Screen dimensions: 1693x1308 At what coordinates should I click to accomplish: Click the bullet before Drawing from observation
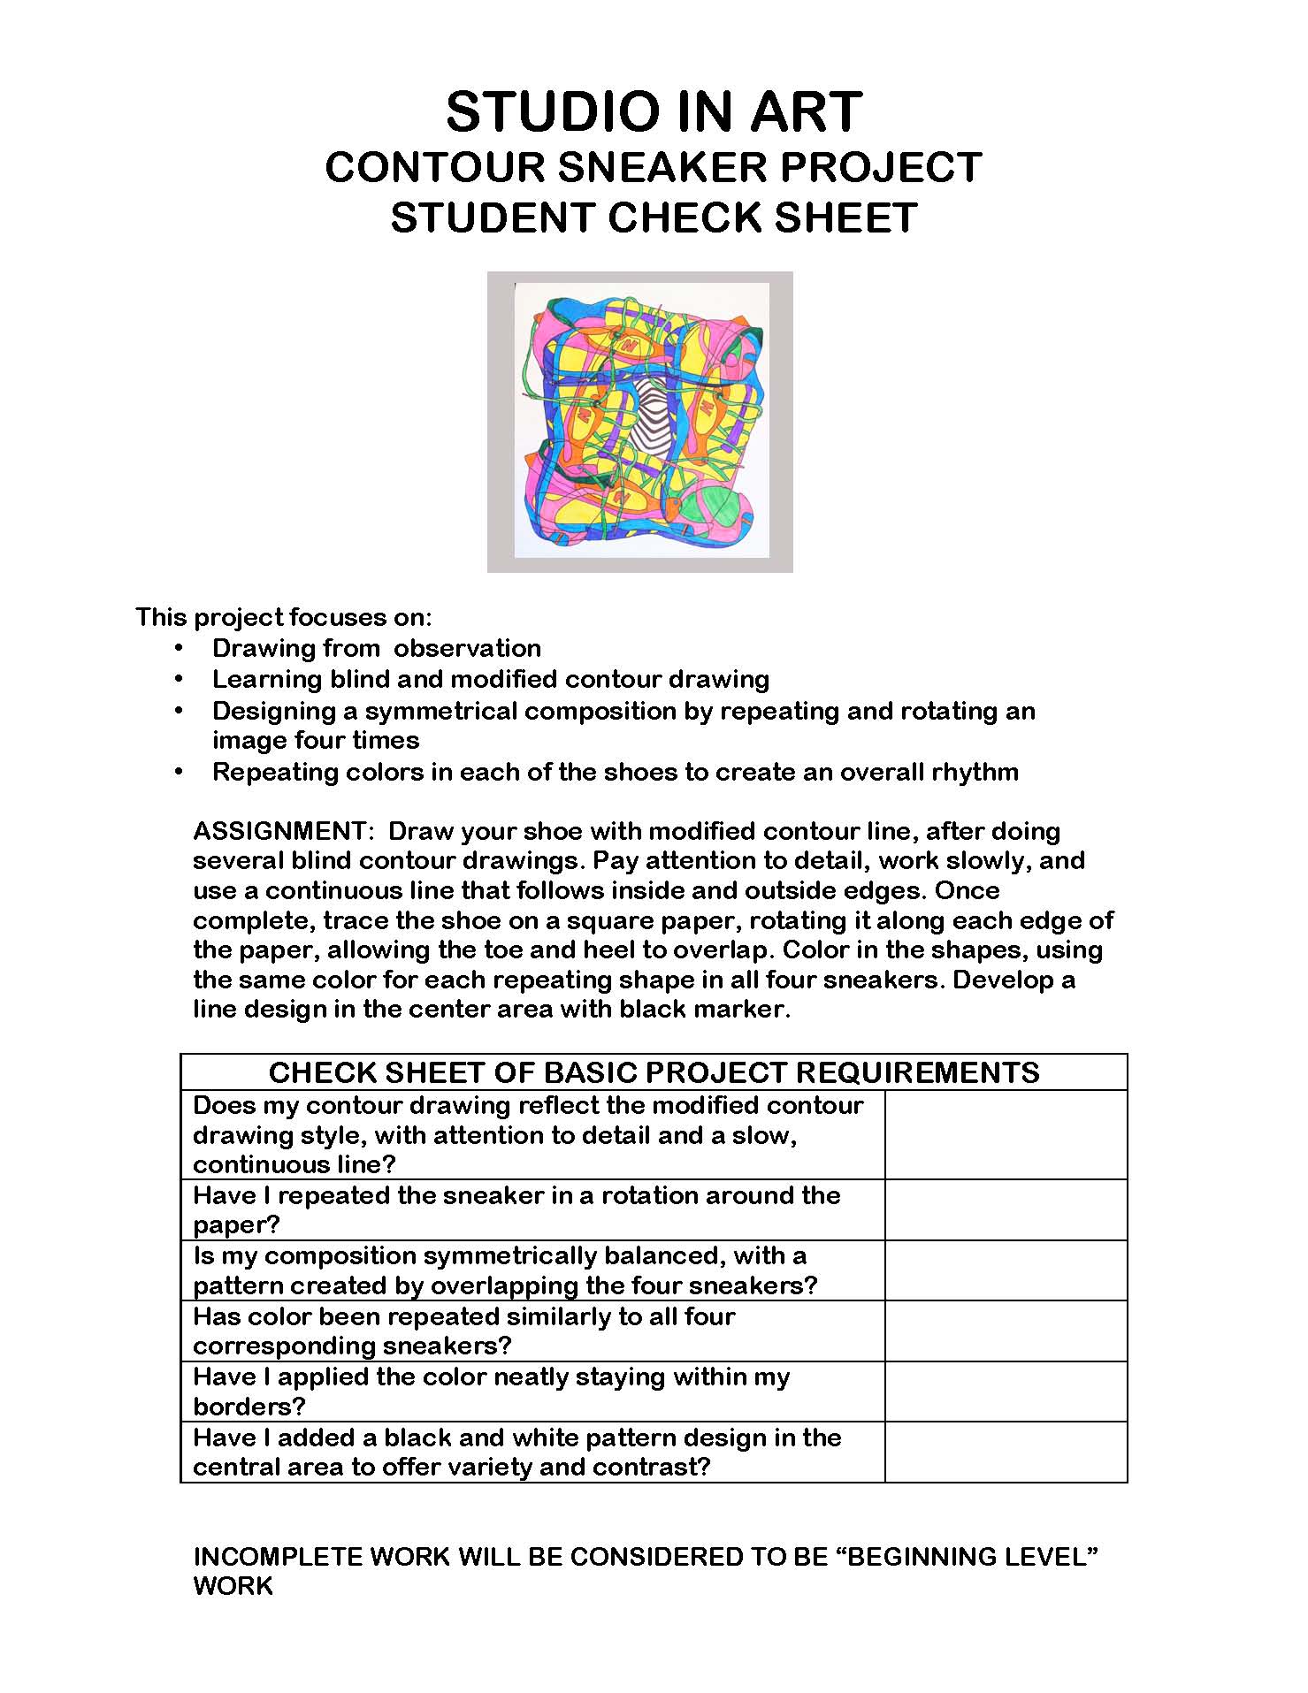179,648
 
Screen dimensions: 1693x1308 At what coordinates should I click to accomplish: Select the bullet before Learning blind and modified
179,679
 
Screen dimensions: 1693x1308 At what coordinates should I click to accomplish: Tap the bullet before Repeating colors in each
179,772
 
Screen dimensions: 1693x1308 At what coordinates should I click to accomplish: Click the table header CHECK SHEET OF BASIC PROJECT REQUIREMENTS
654,1072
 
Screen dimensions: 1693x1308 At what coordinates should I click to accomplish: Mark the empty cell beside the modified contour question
1006,1135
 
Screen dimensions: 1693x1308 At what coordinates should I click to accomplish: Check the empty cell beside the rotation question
1006,1210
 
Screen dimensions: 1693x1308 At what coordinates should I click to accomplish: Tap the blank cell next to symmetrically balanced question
1006,1270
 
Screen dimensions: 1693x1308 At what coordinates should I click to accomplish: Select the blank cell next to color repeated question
1006,1331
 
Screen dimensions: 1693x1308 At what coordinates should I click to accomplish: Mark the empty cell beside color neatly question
1006,1392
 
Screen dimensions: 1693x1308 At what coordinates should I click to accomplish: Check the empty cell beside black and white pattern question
1006,1452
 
